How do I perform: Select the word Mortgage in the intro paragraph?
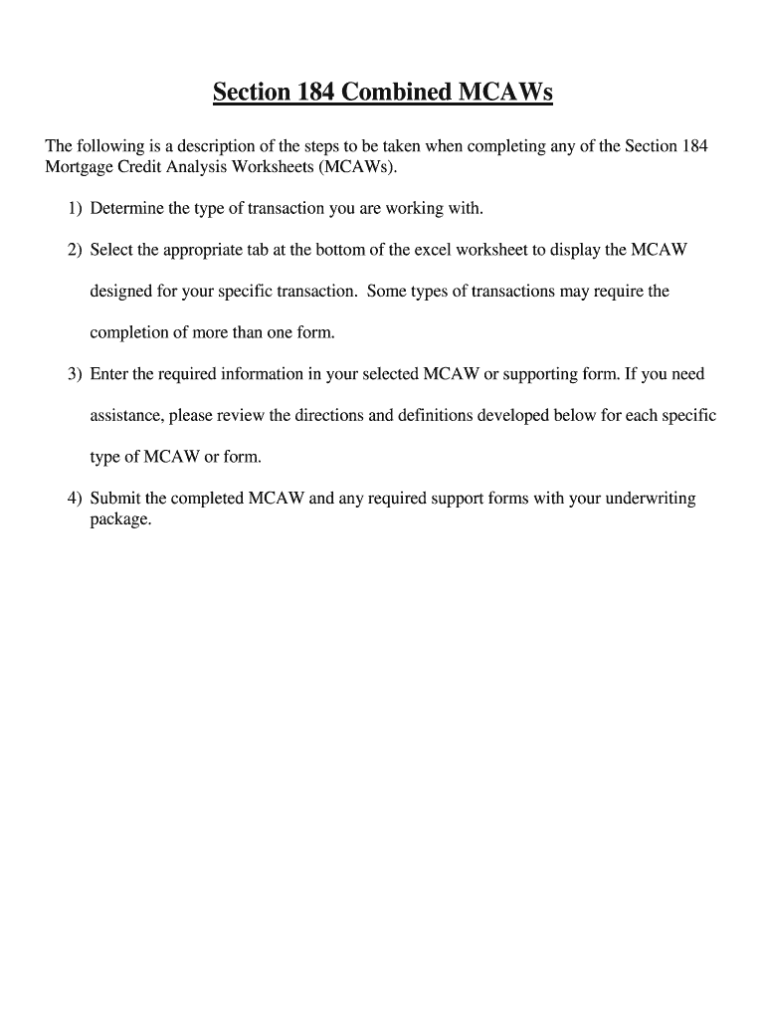click(x=78, y=167)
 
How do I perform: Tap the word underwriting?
click(x=649, y=499)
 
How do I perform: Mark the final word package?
click(x=119, y=519)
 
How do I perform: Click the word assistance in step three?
click(x=125, y=416)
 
